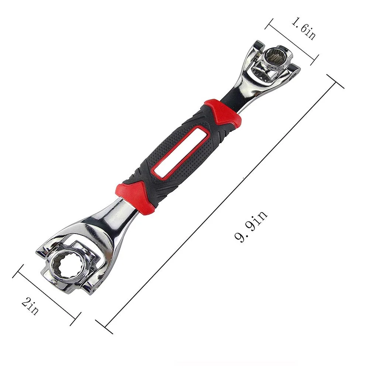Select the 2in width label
point(30,306)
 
